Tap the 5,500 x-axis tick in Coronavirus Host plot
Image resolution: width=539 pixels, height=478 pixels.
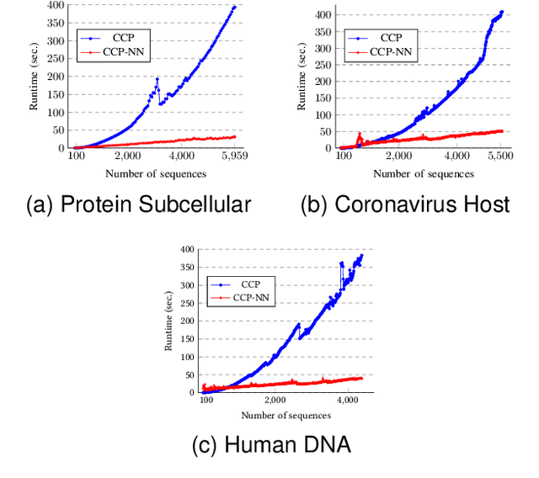[500, 157]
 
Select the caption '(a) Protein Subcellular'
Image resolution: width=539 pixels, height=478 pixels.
[138, 204]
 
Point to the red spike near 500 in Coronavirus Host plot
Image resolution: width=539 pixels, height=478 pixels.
[360, 135]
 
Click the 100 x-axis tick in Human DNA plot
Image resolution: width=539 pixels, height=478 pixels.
[206, 401]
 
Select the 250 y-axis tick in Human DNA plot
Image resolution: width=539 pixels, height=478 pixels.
[189, 303]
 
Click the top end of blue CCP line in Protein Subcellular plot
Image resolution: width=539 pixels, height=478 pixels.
[235, 7]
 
